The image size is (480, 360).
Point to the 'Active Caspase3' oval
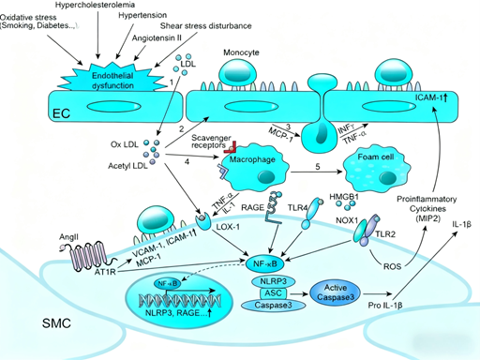340,292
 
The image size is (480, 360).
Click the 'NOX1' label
348,223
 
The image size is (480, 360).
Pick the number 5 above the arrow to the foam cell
318,166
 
